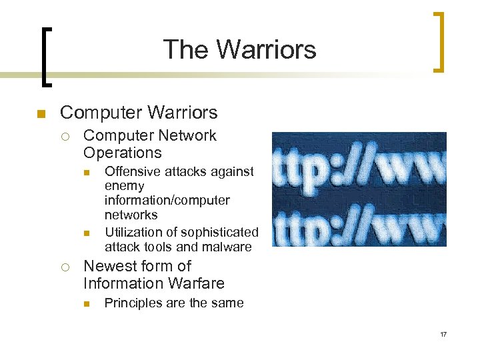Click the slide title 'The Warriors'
[x=239, y=49]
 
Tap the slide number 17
[x=443, y=333]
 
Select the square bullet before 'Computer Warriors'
[x=40, y=114]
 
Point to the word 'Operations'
[x=122, y=152]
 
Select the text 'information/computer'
[x=167, y=200]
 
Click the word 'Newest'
[x=108, y=266]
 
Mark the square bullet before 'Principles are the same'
[x=86, y=303]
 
